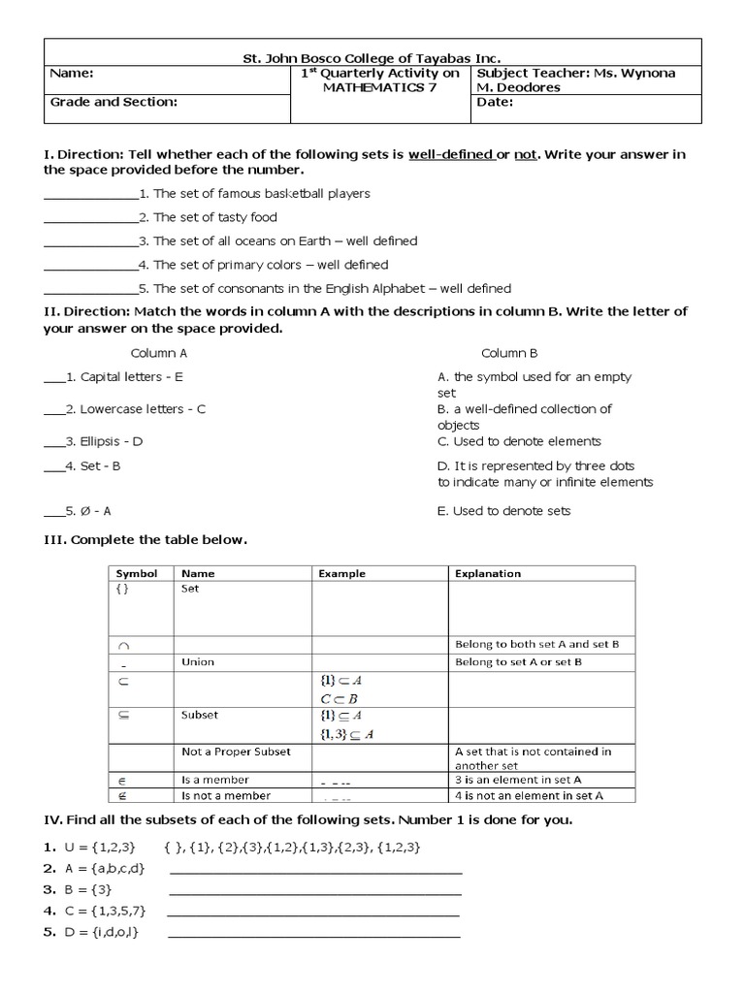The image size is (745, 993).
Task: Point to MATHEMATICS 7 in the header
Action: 380,88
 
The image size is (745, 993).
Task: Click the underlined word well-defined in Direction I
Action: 451,154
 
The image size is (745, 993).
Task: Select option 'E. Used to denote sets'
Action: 503,511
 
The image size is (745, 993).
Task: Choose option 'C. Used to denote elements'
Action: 519,441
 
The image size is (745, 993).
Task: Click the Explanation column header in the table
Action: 488,574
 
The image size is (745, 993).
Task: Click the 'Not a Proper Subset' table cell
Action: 236,752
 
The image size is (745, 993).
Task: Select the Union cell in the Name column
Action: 198,662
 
